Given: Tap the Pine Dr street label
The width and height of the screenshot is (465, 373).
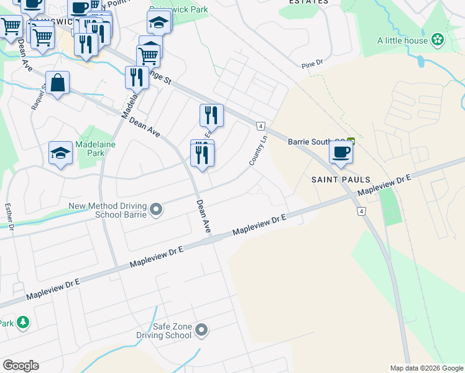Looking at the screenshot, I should click(312, 63).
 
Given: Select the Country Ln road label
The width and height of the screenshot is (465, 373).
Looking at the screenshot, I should click(258, 150).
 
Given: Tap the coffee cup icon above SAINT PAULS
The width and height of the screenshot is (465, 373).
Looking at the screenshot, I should click(341, 152).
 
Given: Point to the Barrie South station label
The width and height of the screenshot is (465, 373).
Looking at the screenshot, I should click(316, 141).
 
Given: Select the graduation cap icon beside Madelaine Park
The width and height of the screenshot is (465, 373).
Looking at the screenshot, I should click(60, 154).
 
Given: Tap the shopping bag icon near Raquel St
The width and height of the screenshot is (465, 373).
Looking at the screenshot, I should click(57, 83).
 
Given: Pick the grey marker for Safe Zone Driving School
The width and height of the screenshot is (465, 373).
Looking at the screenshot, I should click(201, 329).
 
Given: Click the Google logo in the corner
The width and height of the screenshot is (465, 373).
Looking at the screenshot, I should click(21, 366).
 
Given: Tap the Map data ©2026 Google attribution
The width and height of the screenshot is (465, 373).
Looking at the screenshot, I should click(426, 368).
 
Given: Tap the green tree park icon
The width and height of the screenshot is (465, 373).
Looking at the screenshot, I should click(23, 322).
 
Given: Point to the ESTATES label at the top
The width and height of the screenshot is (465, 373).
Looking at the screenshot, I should click(308, 2).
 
